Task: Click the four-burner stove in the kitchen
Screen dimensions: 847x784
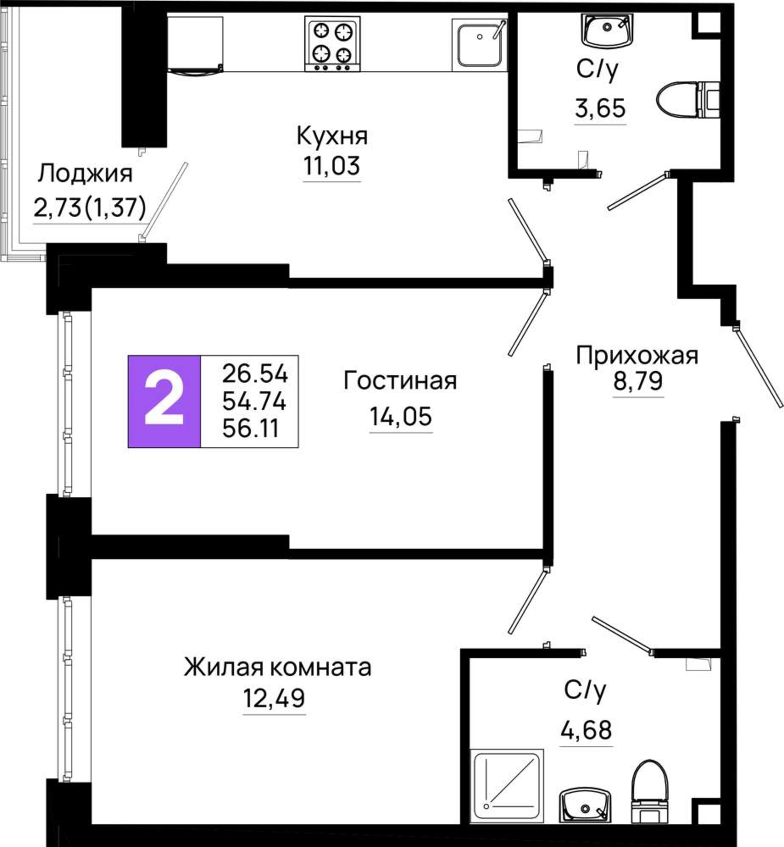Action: point(332,44)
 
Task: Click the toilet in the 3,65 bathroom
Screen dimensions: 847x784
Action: point(688,100)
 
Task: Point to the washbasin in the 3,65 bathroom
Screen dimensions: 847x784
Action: point(607,30)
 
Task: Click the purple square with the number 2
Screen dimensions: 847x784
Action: point(164,401)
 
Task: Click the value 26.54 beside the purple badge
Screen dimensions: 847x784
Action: point(255,374)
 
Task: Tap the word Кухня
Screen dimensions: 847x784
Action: point(332,136)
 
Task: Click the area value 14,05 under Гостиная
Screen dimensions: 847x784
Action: point(400,416)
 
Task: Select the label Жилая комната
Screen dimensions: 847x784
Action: point(278,667)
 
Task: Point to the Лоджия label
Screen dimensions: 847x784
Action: point(85,174)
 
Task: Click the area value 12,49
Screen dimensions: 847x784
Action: point(274,698)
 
